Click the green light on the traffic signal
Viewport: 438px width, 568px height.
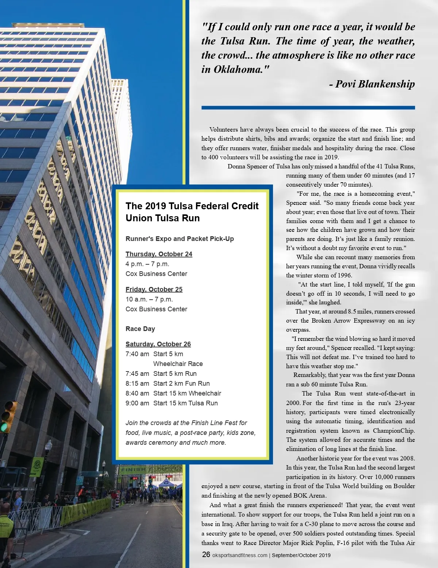5,427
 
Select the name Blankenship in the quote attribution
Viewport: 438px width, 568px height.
386,84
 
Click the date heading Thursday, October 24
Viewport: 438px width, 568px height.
159,254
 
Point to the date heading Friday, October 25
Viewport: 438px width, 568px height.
154,289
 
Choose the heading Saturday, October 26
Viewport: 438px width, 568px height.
158,344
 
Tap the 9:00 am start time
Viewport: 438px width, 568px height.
137,403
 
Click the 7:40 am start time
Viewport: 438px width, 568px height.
137,354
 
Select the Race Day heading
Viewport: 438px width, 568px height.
140,329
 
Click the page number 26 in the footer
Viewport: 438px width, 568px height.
206,555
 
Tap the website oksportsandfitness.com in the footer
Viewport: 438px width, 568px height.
240,555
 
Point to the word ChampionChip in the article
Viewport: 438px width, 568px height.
393,431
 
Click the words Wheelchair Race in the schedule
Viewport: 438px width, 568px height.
178,364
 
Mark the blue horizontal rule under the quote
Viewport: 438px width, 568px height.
308,108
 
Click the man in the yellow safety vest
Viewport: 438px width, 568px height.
5,525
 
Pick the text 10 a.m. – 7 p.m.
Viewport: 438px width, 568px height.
149,299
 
